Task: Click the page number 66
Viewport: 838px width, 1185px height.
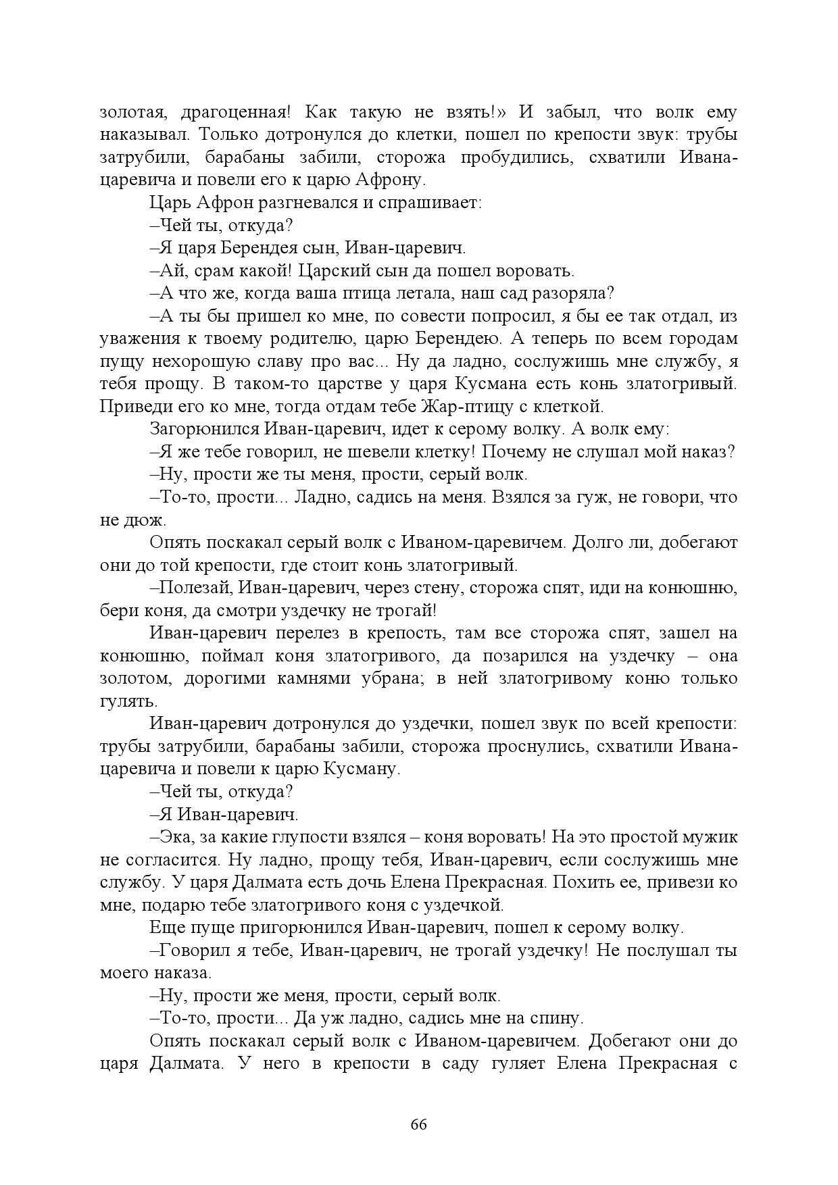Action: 418,1125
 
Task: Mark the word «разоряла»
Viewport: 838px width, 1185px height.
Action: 573,293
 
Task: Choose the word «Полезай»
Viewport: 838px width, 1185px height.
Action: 196,588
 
